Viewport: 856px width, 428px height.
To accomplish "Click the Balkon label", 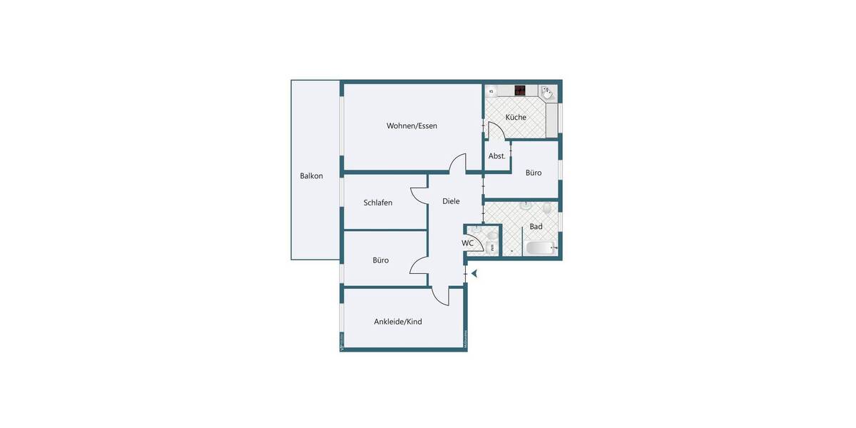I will pyautogui.click(x=311, y=176).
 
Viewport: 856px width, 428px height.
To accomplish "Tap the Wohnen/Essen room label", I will pyautogui.click(x=412, y=126).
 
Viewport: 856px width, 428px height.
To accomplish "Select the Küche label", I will pyautogui.click(x=516, y=117).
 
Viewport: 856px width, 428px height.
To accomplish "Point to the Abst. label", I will pyautogui.click(x=496, y=156).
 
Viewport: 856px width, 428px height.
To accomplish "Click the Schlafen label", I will pyautogui.click(x=377, y=203).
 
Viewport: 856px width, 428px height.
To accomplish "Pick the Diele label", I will pyautogui.click(x=451, y=201).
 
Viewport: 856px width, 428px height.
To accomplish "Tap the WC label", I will pyautogui.click(x=467, y=243).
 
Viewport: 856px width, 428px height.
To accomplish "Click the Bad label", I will pyautogui.click(x=536, y=227).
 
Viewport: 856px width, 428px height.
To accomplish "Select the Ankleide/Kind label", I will pyautogui.click(x=397, y=322).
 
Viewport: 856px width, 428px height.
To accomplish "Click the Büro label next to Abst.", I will pyautogui.click(x=534, y=173).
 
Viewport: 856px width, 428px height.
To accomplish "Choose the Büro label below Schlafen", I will pyautogui.click(x=380, y=260).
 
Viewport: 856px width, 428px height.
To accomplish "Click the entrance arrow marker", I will pyautogui.click(x=473, y=272).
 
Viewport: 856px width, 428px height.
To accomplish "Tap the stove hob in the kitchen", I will pyautogui.click(x=520, y=91).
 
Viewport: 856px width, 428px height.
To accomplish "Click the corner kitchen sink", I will pyautogui.click(x=546, y=93).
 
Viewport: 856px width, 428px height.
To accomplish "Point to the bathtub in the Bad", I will pyautogui.click(x=540, y=248).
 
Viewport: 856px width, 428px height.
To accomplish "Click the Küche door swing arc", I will pyautogui.click(x=497, y=130).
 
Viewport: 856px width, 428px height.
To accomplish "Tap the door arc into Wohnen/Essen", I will pyautogui.click(x=457, y=162).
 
